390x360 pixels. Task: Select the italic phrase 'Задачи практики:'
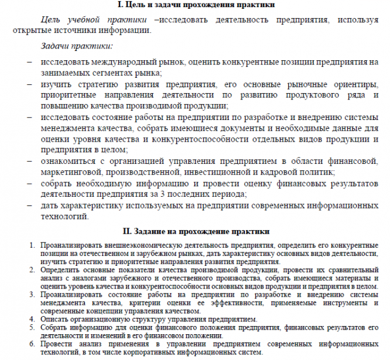[76, 45]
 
